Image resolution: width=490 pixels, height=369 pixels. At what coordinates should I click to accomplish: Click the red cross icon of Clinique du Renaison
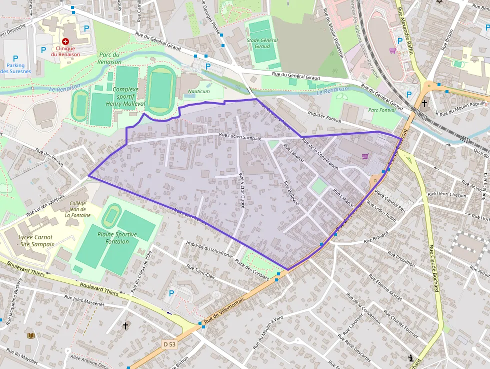coord(65,42)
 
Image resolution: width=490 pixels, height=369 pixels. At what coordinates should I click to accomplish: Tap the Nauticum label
coord(199,92)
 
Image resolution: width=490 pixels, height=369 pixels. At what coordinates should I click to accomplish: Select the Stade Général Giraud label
coord(262,43)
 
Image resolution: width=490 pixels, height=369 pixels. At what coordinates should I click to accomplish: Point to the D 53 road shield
coord(170,344)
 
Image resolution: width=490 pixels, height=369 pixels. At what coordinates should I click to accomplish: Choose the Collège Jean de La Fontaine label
coord(78,209)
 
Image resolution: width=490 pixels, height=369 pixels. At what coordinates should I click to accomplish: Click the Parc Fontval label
coord(381,110)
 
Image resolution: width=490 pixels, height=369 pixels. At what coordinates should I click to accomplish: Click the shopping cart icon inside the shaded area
coord(365,156)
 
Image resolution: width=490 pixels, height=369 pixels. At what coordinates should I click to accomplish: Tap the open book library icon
coord(31,335)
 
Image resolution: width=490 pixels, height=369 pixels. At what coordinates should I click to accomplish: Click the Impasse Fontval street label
coord(324,118)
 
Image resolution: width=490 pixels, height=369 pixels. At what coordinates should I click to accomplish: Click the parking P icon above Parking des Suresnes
coord(15,59)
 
